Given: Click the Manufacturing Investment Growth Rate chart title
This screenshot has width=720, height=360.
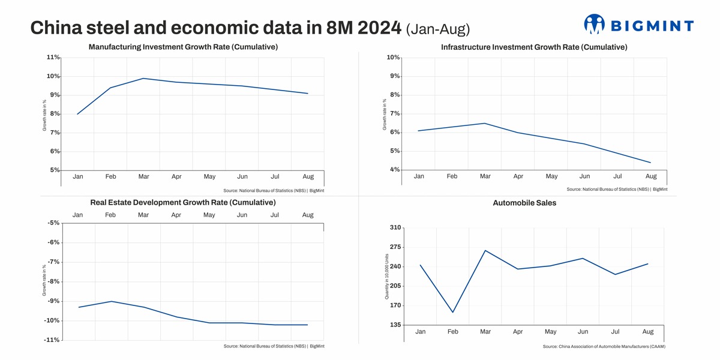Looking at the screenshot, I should coord(183,47).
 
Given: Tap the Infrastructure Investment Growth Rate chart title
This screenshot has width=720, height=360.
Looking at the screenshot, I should coord(534,47).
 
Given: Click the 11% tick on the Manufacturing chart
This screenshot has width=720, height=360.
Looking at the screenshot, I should coord(53,58).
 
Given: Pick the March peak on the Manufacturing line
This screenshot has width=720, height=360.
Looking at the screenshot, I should coord(143,78).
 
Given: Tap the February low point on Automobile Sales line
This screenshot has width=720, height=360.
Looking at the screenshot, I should coord(453,312).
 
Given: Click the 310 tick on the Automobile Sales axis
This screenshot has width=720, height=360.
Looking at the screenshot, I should coord(395,228).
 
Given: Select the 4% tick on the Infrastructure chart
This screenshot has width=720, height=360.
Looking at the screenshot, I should coord(394,170).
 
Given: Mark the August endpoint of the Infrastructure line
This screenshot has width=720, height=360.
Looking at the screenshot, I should coord(650,163).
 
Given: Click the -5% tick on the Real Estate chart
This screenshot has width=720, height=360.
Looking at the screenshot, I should coord(53,223).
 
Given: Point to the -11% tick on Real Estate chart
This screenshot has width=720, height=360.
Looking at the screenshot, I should coord(52,340).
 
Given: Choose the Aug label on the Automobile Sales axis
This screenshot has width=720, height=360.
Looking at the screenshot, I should coord(648,332).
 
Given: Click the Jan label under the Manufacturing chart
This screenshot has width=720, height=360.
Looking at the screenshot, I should coord(78,176).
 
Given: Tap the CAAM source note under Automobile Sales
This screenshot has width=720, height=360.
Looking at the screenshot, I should coord(604,347).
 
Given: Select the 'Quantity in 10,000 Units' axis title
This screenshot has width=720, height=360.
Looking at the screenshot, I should coord(387,276).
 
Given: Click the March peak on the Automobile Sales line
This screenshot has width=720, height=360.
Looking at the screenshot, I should coord(485,250).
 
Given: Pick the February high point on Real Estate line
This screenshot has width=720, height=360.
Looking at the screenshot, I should coord(111,301).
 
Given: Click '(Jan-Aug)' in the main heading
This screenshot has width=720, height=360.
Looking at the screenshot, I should coord(438,28).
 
